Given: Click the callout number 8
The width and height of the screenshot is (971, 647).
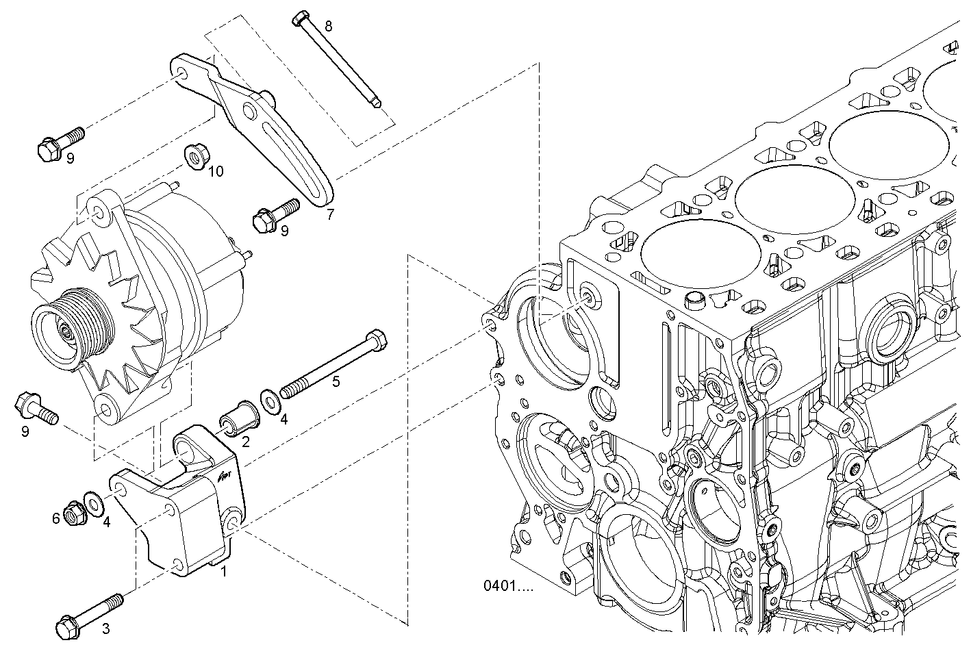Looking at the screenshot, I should (x=329, y=27).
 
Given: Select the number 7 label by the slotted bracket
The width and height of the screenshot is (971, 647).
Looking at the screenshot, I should (x=330, y=214).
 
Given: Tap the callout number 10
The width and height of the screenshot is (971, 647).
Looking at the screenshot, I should (x=216, y=171).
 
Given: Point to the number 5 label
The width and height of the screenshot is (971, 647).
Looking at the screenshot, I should (x=336, y=381).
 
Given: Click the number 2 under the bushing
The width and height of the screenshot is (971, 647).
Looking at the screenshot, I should (x=245, y=442).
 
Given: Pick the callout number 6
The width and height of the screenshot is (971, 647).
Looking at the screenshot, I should (x=56, y=519).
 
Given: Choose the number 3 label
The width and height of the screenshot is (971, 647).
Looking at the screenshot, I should (x=105, y=628).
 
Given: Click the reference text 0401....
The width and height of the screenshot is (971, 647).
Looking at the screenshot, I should (x=507, y=586).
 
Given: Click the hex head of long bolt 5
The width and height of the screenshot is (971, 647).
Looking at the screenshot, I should (x=375, y=340).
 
